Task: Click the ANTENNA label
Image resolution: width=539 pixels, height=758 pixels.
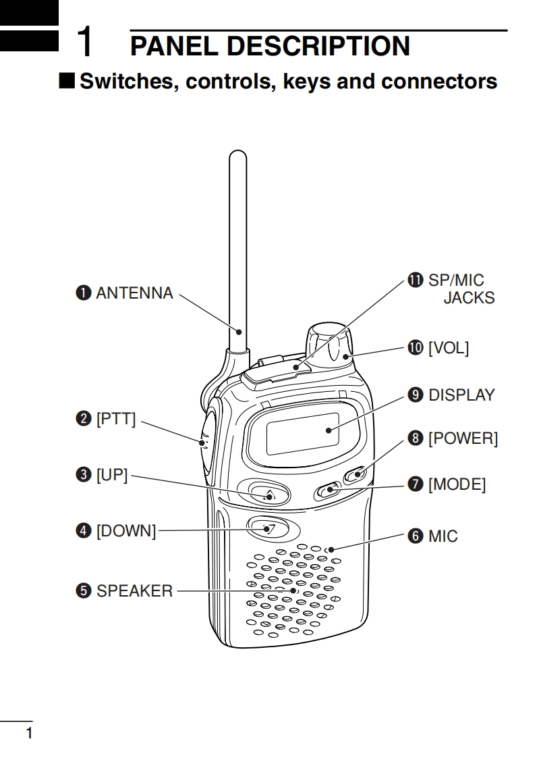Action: [x=134, y=293]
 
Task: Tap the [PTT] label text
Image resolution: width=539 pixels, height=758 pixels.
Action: [x=116, y=419]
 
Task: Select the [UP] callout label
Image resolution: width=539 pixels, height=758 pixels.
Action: [x=112, y=475]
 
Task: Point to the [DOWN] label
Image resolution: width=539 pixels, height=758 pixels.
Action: [x=126, y=531]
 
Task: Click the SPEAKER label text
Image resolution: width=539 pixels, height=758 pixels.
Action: [x=134, y=590]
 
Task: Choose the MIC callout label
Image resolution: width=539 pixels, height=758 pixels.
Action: [x=443, y=536]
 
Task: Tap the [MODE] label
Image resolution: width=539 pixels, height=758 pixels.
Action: [x=457, y=484]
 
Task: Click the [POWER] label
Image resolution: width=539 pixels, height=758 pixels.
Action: [x=463, y=438]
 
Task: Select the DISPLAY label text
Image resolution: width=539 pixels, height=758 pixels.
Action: [x=462, y=395]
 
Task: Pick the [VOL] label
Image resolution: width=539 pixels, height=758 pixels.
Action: [x=449, y=347]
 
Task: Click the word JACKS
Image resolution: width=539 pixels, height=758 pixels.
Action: [x=469, y=298]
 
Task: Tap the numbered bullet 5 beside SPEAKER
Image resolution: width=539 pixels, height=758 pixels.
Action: [x=84, y=590]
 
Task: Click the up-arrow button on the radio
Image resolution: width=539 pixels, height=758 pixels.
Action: [x=268, y=494]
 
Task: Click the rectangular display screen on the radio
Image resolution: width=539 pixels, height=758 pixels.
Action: [x=303, y=434]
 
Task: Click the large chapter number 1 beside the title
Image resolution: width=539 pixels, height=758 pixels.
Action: [x=86, y=41]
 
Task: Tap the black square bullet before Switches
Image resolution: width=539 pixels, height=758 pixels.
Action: [x=67, y=81]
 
